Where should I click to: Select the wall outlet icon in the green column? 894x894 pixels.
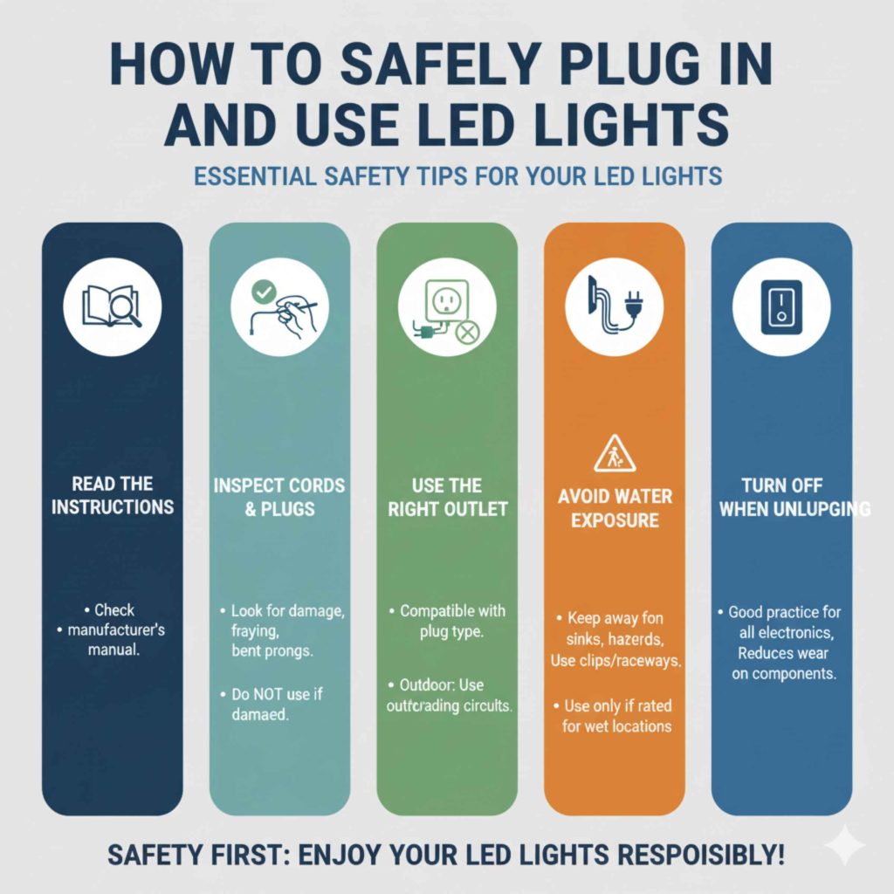446,300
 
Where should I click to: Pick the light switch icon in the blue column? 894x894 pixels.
781,306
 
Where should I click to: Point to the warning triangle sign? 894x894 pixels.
614,456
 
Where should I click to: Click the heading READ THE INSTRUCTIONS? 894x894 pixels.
112,495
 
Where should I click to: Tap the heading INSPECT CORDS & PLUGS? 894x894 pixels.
279,496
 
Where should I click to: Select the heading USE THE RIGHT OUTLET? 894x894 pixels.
447,496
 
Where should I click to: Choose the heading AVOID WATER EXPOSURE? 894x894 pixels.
615,508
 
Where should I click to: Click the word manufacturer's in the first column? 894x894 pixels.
115,629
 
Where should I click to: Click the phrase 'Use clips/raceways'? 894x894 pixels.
615,661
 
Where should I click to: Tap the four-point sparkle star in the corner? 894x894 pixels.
843,844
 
